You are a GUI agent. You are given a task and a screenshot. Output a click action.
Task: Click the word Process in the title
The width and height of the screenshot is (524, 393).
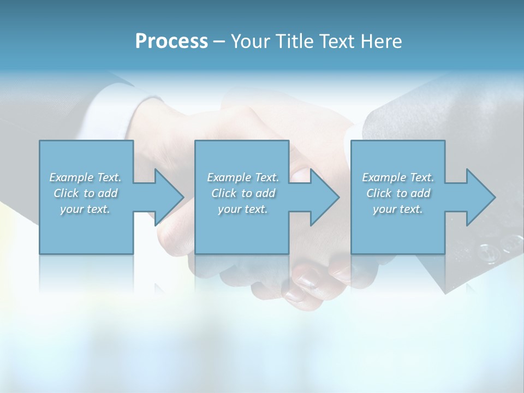coord(171,41)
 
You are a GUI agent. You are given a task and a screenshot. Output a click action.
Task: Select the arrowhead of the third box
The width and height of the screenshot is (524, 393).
coord(480,197)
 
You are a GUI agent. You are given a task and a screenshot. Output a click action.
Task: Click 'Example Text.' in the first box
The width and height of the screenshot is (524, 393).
coord(86,177)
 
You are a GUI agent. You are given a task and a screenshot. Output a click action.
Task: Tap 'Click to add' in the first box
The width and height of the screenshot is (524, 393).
coord(86,193)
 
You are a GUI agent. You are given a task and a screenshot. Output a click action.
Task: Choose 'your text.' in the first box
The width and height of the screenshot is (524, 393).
coord(86,209)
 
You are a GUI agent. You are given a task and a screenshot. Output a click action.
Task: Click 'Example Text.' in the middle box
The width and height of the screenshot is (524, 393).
coord(243,177)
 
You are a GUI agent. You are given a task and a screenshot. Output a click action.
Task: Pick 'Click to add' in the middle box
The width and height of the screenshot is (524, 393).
coord(243,193)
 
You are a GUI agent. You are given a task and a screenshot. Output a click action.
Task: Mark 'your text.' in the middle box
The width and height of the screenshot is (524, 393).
coord(243,209)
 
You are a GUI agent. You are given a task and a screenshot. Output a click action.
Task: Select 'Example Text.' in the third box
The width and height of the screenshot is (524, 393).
coord(398,177)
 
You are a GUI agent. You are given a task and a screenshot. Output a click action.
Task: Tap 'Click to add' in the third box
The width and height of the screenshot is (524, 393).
coord(398,193)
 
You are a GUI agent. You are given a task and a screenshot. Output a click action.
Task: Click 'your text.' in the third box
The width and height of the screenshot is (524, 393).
coord(398,209)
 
